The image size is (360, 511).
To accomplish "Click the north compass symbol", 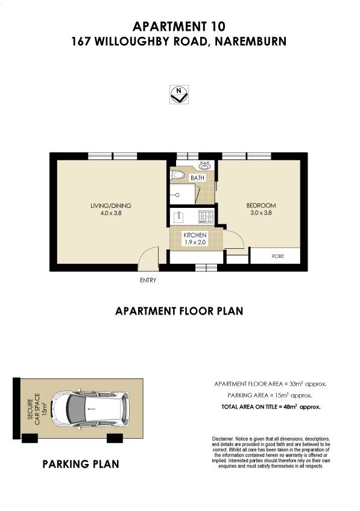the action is point(179,95).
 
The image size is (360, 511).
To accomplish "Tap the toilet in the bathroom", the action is point(177,175).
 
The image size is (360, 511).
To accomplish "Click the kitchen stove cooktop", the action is point(206,216).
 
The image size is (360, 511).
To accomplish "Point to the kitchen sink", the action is point(178,216).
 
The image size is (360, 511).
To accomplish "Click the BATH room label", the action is point(198,178).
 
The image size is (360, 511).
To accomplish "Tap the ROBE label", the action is point(278,256).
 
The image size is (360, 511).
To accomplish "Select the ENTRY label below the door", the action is point(148,280).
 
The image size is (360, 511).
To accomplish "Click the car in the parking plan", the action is point(90,409).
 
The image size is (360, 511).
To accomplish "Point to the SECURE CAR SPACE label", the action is point(38,409).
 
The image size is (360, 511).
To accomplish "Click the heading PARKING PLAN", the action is point(81,464).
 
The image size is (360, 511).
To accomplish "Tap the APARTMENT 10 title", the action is point(179,26).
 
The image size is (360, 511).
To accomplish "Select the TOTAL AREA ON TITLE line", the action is point(271,407).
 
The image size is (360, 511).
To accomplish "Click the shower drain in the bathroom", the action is point(177,195).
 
